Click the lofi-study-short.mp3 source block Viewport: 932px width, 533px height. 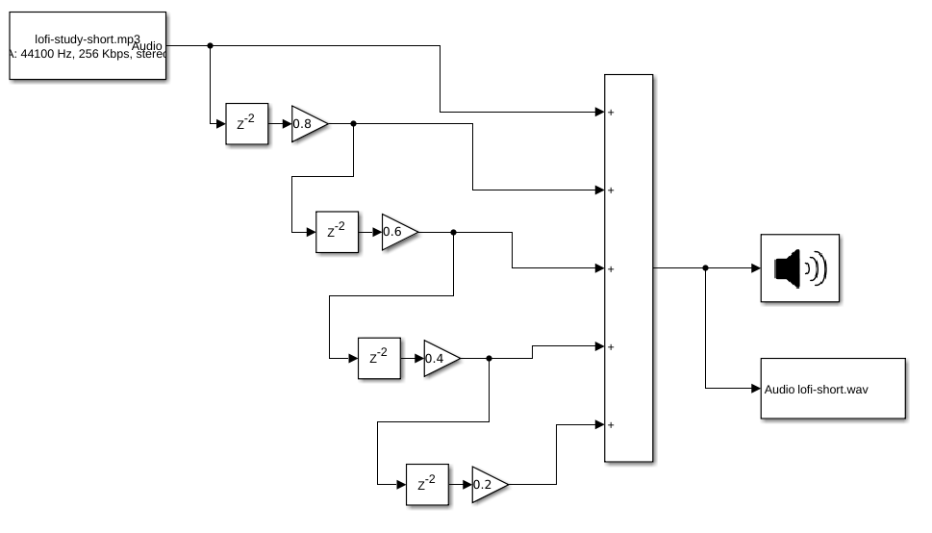(x=88, y=45)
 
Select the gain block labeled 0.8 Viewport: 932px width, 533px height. (x=307, y=123)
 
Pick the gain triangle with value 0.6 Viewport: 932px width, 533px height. (x=397, y=232)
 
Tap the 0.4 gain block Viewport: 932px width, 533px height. (x=440, y=358)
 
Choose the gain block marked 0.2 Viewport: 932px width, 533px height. (x=487, y=485)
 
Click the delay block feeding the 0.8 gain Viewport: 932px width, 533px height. (x=247, y=123)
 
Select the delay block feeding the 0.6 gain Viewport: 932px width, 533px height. (x=337, y=232)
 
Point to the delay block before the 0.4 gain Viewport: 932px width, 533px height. (x=379, y=358)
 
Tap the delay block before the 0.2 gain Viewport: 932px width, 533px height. (x=427, y=485)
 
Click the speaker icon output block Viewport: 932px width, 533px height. (x=800, y=268)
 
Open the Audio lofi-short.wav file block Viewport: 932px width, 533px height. (x=833, y=389)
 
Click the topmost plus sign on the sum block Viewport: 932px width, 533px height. (x=612, y=113)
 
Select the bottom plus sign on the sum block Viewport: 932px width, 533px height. (x=612, y=424)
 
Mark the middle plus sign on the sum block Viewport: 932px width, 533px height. (x=612, y=268)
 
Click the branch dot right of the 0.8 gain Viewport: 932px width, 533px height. (x=353, y=123)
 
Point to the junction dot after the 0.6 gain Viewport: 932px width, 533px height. (x=453, y=232)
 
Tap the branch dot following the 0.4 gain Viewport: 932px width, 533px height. (x=490, y=358)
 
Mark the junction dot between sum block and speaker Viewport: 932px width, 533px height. (x=706, y=268)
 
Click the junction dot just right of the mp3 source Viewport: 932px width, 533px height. (x=211, y=45)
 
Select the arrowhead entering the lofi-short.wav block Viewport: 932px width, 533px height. (x=755, y=389)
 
